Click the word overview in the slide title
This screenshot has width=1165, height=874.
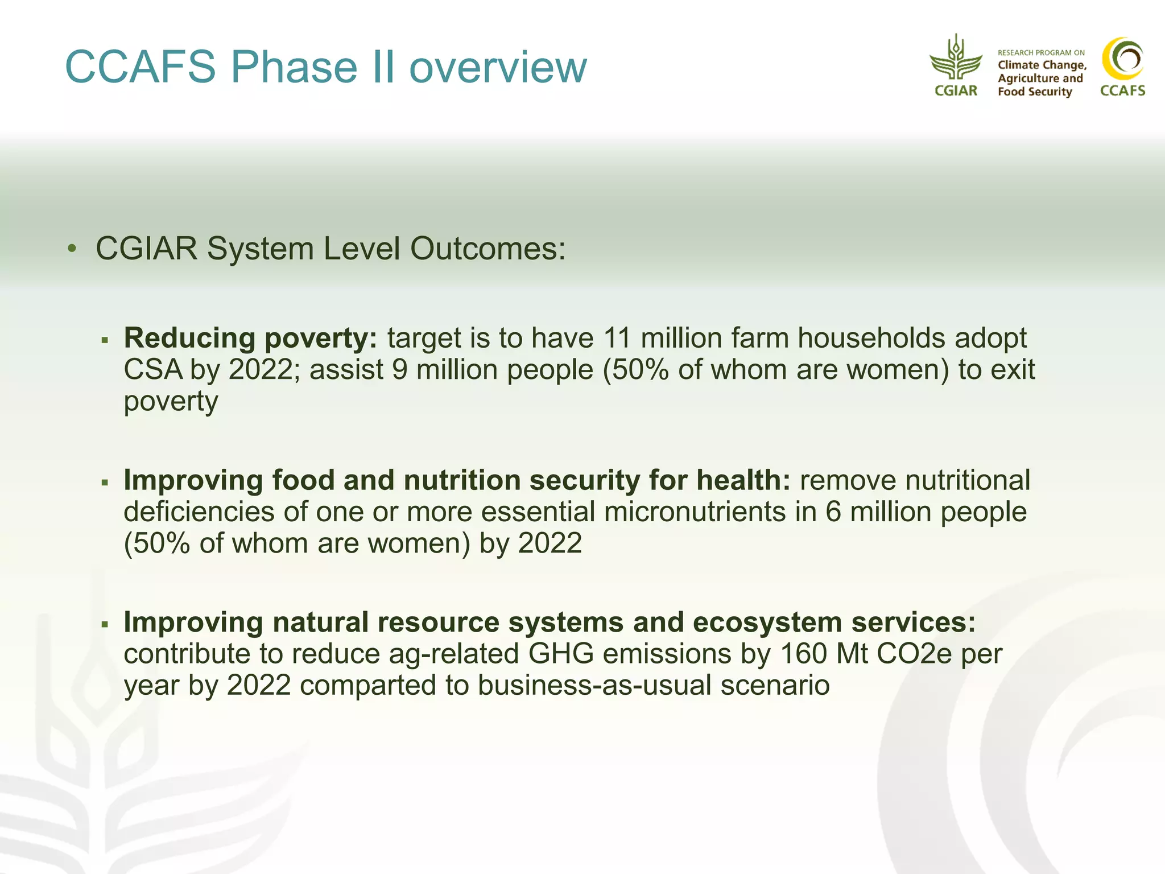[498, 67]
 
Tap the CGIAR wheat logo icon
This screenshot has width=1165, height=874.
[956, 58]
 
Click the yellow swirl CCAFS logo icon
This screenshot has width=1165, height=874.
[1122, 59]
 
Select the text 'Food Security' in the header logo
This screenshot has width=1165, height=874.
[1034, 92]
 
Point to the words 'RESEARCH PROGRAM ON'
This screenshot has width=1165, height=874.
[1041, 52]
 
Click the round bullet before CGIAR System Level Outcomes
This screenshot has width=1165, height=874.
[72, 249]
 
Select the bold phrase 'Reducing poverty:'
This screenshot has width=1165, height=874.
[250, 338]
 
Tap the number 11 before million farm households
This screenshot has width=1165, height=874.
[617, 338]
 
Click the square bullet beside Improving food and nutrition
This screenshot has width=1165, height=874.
[105, 483]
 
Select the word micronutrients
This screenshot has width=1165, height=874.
[695, 512]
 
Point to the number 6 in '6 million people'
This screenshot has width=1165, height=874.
[833, 512]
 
